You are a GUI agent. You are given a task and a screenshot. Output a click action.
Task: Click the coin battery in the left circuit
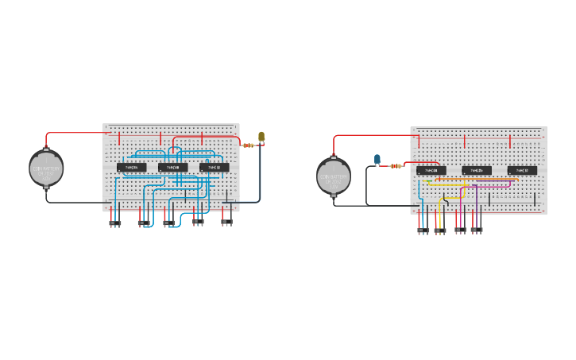tap(46, 168)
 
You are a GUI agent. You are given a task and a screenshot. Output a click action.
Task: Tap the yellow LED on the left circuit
tap(261, 136)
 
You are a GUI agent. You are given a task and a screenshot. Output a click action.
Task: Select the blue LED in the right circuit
tap(377, 159)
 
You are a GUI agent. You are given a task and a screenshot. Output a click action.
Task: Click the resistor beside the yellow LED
tap(250, 145)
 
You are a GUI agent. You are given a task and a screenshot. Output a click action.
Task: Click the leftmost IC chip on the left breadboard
tap(132, 168)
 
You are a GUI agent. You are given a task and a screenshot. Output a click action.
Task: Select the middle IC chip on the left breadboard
tap(173, 168)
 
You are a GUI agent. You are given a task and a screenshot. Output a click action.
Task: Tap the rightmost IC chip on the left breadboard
tap(215, 168)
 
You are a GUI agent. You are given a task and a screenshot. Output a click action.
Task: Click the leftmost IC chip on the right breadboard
tap(431, 170)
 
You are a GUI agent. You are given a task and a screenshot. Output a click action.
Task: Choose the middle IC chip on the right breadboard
tap(477, 170)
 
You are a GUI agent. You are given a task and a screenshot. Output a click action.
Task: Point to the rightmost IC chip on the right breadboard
tap(522, 170)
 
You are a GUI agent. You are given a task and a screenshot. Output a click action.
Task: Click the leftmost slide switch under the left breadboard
tap(115, 223)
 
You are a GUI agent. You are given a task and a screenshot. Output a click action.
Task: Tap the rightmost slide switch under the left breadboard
tap(226, 223)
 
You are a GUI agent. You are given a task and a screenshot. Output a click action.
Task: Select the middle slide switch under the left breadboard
tap(169, 223)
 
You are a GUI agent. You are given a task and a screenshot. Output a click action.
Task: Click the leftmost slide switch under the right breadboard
tap(423, 230)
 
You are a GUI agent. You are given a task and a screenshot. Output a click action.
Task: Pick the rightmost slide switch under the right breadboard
tap(477, 230)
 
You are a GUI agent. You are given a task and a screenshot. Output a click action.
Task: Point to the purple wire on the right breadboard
tap(475, 195)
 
